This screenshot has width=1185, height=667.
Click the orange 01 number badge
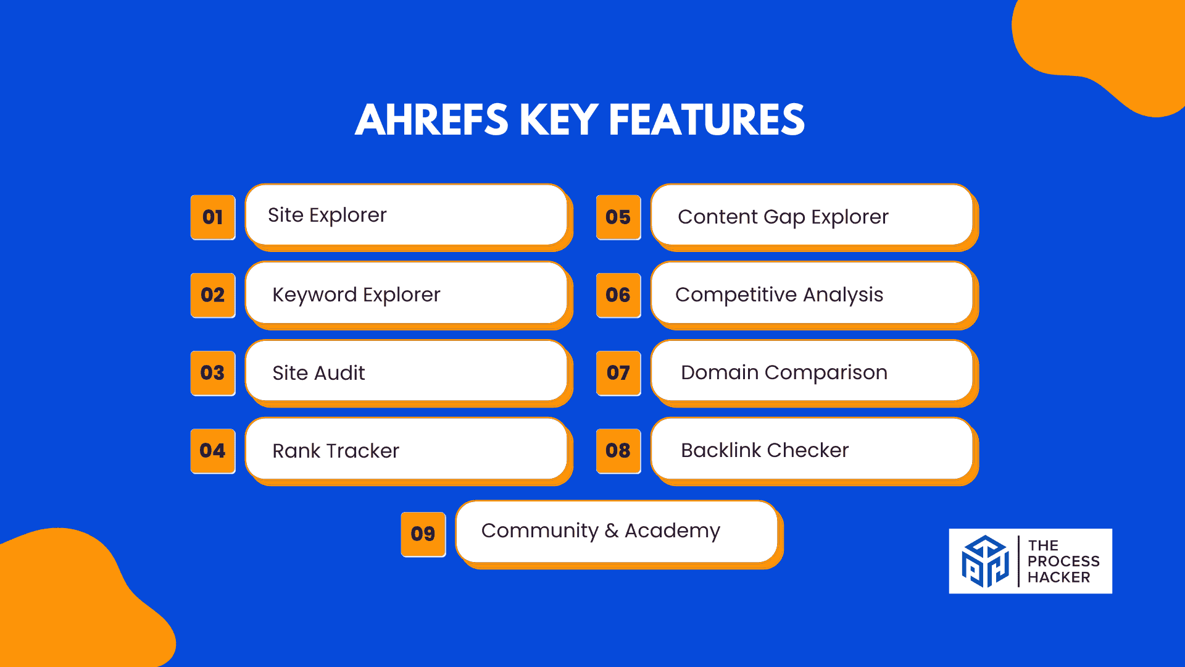pyautogui.click(x=213, y=217)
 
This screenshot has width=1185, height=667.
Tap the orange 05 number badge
pyautogui.click(x=618, y=217)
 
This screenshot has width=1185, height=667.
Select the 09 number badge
pyautogui.click(x=423, y=534)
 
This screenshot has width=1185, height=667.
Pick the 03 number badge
pyautogui.click(x=213, y=373)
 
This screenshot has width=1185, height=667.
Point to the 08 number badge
pyautogui.click(x=618, y=451)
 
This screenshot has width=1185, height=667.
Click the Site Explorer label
pyautogui.click(x=327, y=216)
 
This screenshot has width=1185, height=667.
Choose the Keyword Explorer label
pyautogui.click(x=356, y=295)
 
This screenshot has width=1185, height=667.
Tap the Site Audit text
pyautogui.click(x=318, y=373)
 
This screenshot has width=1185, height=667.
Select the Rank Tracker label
pyautogui.click(x=336, y=451)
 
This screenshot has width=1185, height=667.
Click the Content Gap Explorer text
pyautogui.click(x=783, y=217)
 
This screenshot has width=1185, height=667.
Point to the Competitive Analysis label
pyautogui.click(x=779, y=295)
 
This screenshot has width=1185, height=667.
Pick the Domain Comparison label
pyautogui.click(x=784, y=373)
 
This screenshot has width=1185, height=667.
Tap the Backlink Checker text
pyautogui.click(x=765, y=450)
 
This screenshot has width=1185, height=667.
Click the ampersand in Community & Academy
pyautogui.click(x=612, y=531)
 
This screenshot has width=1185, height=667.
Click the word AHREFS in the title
pyautogui.click(x=432, y=120)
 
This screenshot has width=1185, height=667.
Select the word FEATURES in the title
pyautogui.click(x=707, y=120)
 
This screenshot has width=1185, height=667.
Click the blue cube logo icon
pyautogui.click(x=985, y=561)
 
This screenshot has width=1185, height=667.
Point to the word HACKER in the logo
pyautogui.click(x=1059, y=577)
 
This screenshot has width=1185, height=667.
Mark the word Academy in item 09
pyautogui.click(x=673, y=531)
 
